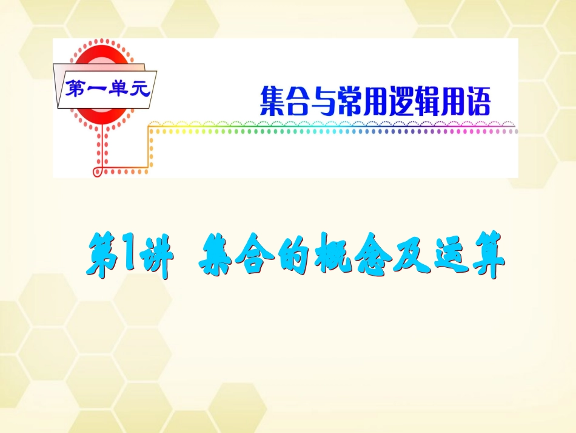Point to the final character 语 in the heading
click(x=477, y=101)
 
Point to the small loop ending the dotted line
click(x=97, y=172)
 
